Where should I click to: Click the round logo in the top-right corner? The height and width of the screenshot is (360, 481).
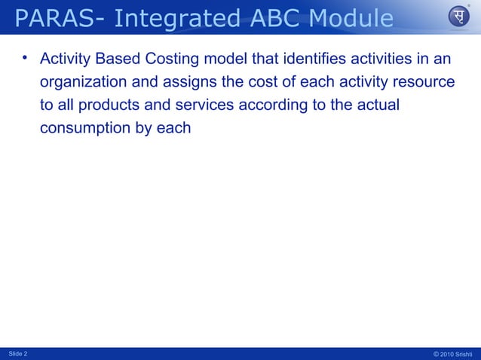[x=458, y=17]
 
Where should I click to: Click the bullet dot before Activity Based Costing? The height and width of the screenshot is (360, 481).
[x=24, y=57]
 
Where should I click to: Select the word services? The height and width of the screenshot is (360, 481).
[x=207, y=105]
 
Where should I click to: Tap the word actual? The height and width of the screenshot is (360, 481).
[x=380, y=105]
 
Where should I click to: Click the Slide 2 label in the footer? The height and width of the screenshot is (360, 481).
[x=17, y=353]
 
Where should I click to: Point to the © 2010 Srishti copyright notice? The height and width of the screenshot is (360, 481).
[x=454, y=353]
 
